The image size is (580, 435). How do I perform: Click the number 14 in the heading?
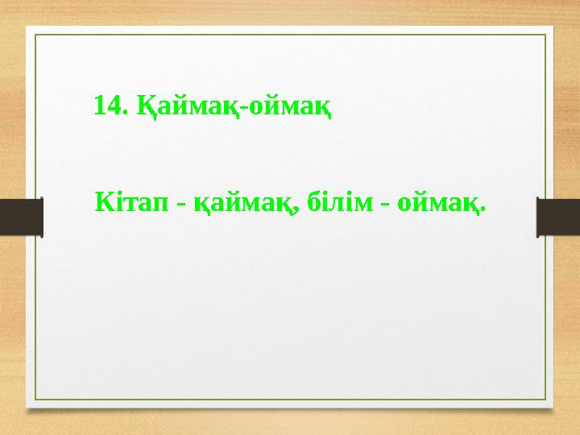coord(107,105)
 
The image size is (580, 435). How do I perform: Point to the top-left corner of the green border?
coord(35,35)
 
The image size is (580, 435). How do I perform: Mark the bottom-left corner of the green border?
coord(35,400)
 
